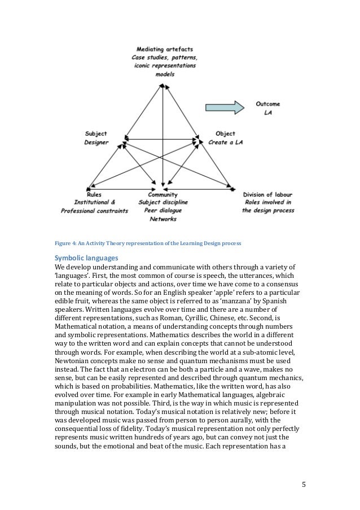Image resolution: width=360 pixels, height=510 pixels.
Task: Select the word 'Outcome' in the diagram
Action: [268, 104]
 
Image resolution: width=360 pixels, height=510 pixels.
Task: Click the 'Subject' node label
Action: [96, 134]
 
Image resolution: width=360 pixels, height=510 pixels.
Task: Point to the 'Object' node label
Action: [225, 134]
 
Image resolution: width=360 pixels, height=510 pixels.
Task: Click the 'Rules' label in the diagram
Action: [95, 195]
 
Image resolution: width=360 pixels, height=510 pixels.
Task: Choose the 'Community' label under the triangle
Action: [163, 195]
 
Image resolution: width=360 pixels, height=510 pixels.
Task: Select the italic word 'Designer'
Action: [96, 142]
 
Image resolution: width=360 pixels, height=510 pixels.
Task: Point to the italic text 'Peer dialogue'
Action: [163, 211]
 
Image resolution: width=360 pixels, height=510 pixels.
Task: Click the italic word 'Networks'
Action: [163, 219]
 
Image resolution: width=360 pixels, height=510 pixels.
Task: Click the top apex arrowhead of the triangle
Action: [164, 85]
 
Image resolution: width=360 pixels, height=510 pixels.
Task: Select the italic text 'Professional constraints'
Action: [95, 211]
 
